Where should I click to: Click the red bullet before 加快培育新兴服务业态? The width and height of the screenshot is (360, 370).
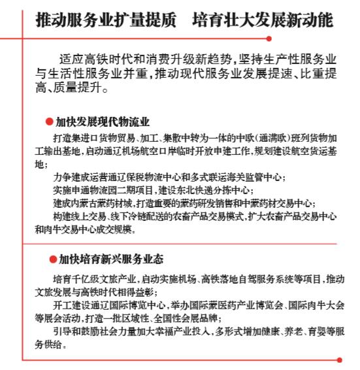[52, 259]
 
